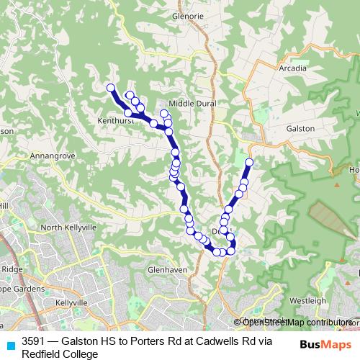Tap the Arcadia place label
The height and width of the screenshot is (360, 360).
[x=292, y=68]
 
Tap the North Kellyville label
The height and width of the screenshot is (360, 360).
[x=68, y=228]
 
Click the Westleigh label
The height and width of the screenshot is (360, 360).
[x=307, y=300]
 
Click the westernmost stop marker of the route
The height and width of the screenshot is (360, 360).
[x=111, y=88]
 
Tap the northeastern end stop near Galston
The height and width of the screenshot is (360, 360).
[x=250, y=162]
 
